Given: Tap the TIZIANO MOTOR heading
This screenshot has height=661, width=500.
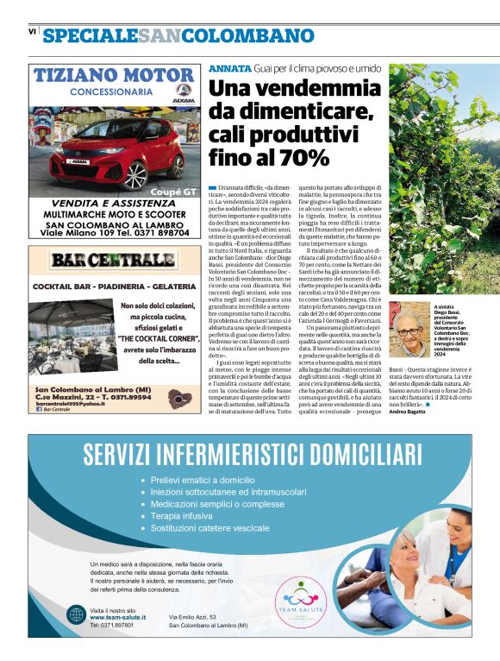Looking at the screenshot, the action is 113,74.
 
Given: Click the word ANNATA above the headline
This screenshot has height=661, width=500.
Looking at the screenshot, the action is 228,68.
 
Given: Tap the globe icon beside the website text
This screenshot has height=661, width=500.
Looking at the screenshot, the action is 76,615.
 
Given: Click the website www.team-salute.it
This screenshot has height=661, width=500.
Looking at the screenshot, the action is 118,617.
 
